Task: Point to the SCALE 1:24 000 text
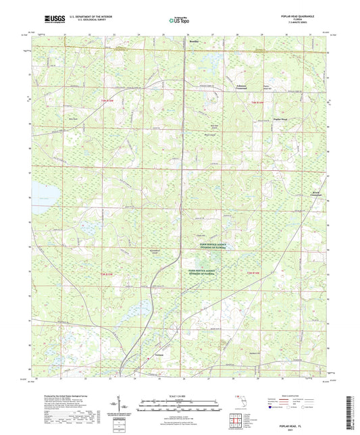point(180,396)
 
